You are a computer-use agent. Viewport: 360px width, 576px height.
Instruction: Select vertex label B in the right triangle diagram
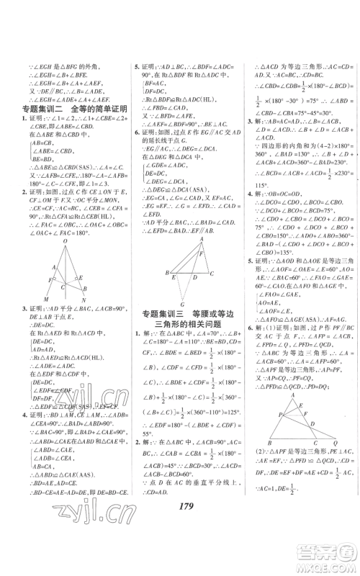268,441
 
